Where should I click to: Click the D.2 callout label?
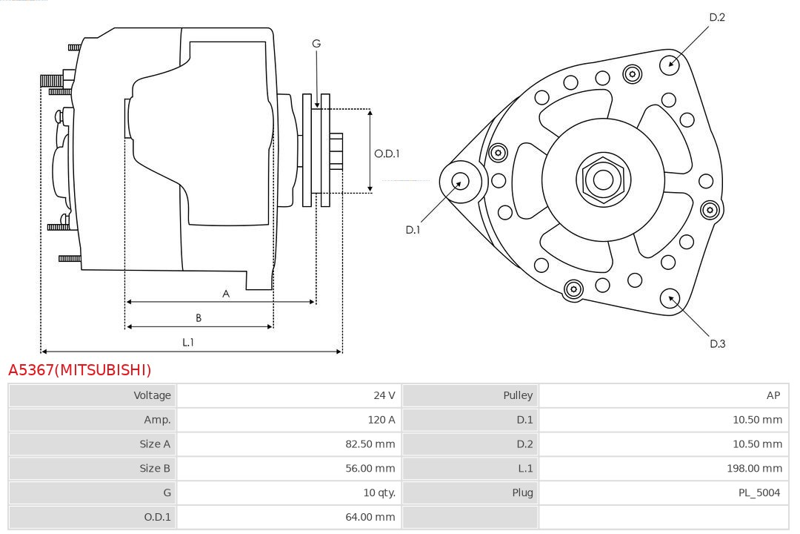click(716, 17)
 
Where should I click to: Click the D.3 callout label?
click(717, 343)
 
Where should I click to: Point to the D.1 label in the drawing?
click(413, 230)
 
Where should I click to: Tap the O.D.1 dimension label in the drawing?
click(387, 154)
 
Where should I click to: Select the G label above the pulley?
click(316, 44)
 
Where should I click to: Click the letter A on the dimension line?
click(226, 294)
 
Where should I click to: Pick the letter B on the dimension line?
click(199, 318)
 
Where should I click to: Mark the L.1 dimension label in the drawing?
click(188, 342)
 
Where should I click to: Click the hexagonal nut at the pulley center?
click(603, 179)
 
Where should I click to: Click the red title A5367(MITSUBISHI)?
click(79, 370)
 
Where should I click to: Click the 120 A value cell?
click(381, 420)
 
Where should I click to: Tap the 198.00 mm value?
click(754, 468)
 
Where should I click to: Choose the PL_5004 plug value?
click(759, 492)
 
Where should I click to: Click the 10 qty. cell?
click(378, 492)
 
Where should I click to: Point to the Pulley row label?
click(518, 395)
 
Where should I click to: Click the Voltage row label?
click(152, 395)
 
